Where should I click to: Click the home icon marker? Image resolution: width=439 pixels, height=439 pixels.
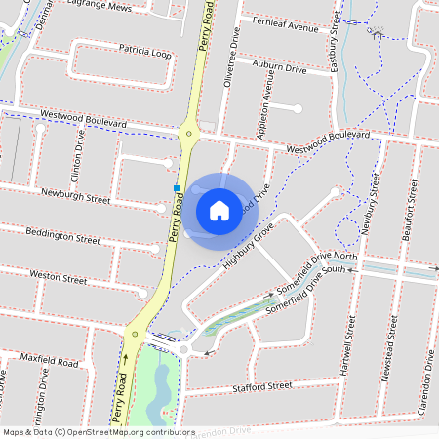tap(219, 210)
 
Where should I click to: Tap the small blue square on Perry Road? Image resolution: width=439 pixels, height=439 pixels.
tap(176, 187)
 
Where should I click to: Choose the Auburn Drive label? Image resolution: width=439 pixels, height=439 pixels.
tap(279, 68)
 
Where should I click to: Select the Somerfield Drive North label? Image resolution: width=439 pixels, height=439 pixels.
tap(318, 276)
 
